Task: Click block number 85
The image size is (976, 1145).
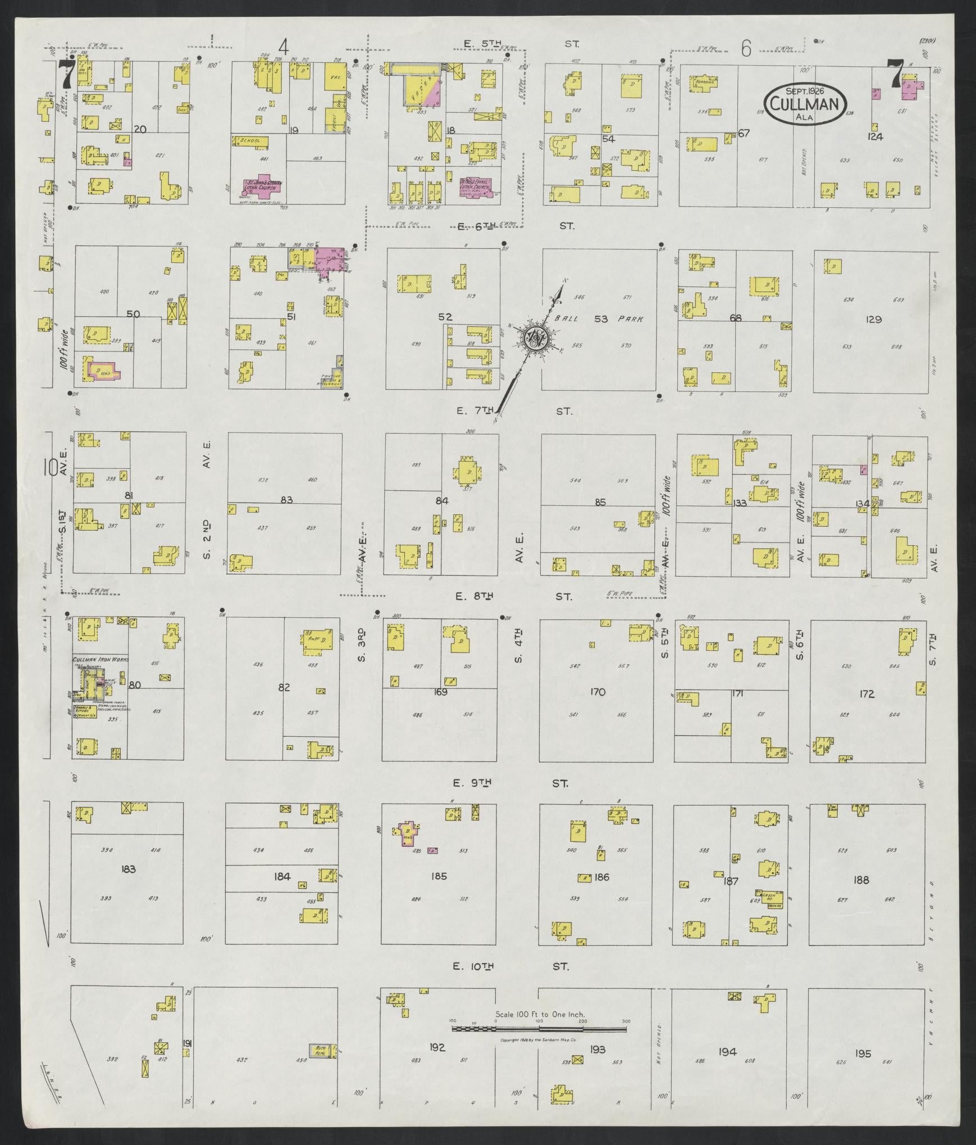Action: pos(600,502)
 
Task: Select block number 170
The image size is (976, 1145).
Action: pos(598,692)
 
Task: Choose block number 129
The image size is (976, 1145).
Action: pos(873,319)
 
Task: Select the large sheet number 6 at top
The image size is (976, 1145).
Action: pos(746,49)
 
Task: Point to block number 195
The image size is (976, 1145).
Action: pos(862,1053)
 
